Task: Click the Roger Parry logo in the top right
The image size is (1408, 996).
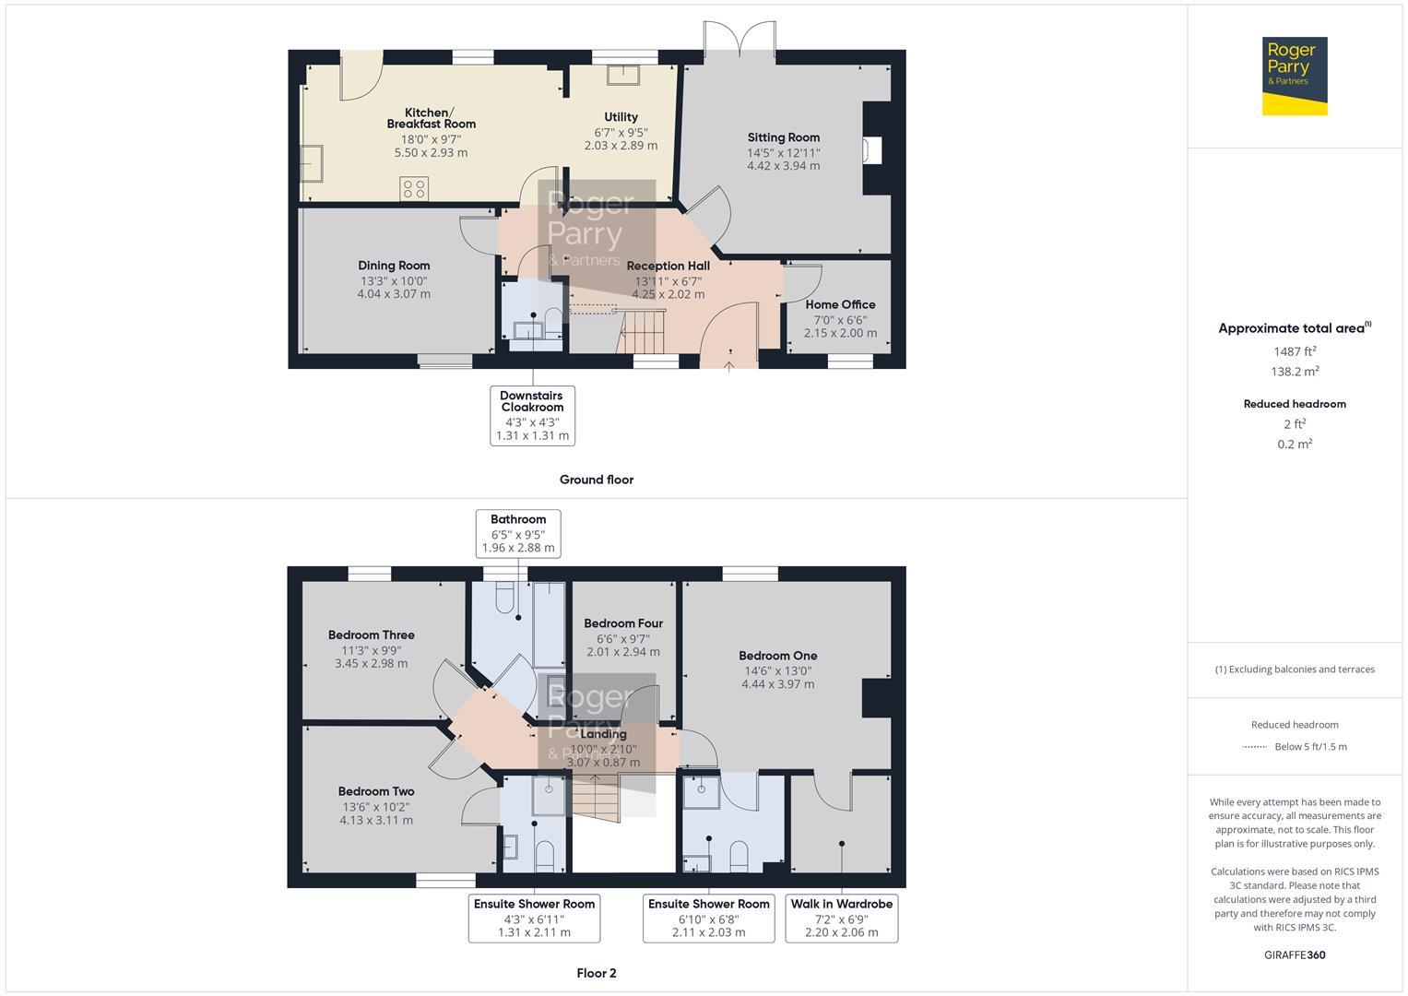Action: coord(1295,76)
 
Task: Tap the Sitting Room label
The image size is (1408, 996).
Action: coord(783,137)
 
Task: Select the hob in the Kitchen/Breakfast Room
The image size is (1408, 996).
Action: coord(414,189)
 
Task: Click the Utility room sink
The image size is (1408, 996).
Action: coord(623,76)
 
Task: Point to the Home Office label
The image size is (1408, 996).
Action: coord(840,304)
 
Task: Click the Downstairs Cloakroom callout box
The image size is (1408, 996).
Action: coord(532,416)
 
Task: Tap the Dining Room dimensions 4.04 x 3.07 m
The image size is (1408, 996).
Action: coord(394,293)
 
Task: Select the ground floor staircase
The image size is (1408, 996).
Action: coord(641,332)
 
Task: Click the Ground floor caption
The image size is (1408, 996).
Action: coord(597,480)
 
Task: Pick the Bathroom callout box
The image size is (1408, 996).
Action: coord(518,534)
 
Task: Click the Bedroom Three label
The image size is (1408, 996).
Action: coord(371,635)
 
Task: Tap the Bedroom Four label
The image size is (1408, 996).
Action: coord(623,623)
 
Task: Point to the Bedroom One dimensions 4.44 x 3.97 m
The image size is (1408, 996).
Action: coord(777,684)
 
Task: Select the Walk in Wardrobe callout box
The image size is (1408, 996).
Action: coord(842,918)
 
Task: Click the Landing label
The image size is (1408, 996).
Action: coord(603,734)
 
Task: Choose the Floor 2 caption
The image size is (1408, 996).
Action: coord(597,973)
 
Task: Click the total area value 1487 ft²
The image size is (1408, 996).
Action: coord(1295,351)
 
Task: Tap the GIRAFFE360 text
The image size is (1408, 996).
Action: coord(1295,955)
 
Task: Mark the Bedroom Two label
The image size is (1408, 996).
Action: coord(376,791)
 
